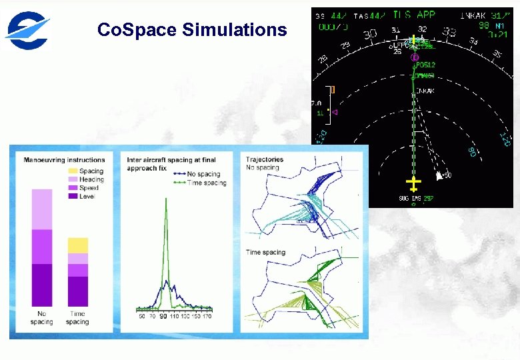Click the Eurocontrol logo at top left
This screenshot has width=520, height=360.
click(x=27, y=30)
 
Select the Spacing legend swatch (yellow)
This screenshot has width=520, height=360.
click(x=73, y=171)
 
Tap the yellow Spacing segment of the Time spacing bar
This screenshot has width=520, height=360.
click(x=77, y=245)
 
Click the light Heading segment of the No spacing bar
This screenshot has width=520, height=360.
click(x=42, y=209)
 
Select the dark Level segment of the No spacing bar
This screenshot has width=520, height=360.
click(x=42, y=285)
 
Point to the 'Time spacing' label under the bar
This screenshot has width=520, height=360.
click(x=77, y=318)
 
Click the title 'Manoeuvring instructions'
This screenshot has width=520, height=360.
click(x=64, y=160)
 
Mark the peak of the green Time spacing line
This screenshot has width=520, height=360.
click(x=164, y=201)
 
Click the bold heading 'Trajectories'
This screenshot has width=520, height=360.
click(x=264, y=159)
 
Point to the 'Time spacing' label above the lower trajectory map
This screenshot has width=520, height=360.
click(x=265, y=253)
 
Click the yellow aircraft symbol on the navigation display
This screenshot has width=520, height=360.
click(x=414, y=183)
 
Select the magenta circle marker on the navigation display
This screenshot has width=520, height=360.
click(x=414, y=57)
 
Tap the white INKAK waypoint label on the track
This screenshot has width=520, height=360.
click(x=425, y=91)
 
